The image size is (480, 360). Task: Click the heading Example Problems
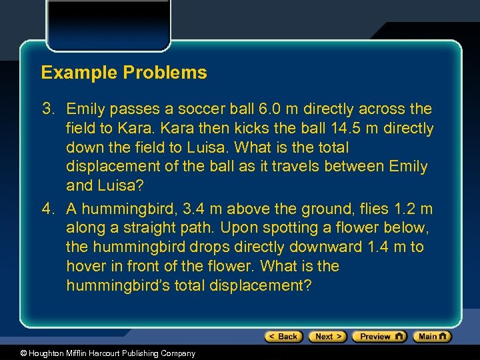click(124, 73)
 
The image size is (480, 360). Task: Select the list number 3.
click(48, 109)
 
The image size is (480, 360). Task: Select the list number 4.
click(48, 209)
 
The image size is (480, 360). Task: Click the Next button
click(327, 337)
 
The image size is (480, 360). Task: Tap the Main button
click(432, 337)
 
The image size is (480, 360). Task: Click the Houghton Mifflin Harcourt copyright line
click(99, 353)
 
